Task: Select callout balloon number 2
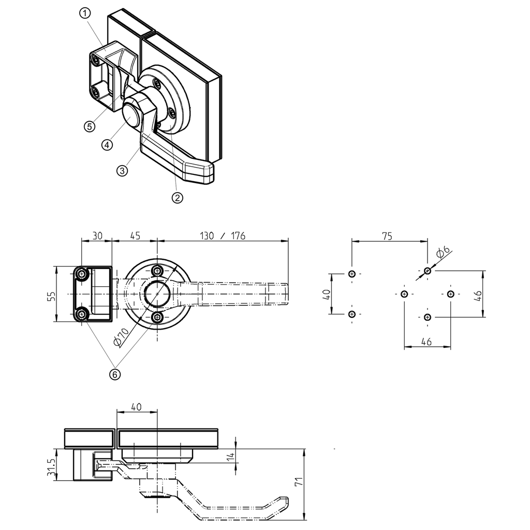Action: pos(177,198)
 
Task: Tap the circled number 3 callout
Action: pos(122,171)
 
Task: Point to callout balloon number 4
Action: pos(107,145)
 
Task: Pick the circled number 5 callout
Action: pos(90,126)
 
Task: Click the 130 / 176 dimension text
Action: pos(223,236)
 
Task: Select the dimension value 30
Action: pos(97,236)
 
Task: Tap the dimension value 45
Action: pos(135,236)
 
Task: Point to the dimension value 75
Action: pos(387,236)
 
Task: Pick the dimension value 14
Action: pos(231,457)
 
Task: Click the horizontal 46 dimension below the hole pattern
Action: pos(426,342)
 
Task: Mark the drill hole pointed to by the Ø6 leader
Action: pos(427,271)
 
